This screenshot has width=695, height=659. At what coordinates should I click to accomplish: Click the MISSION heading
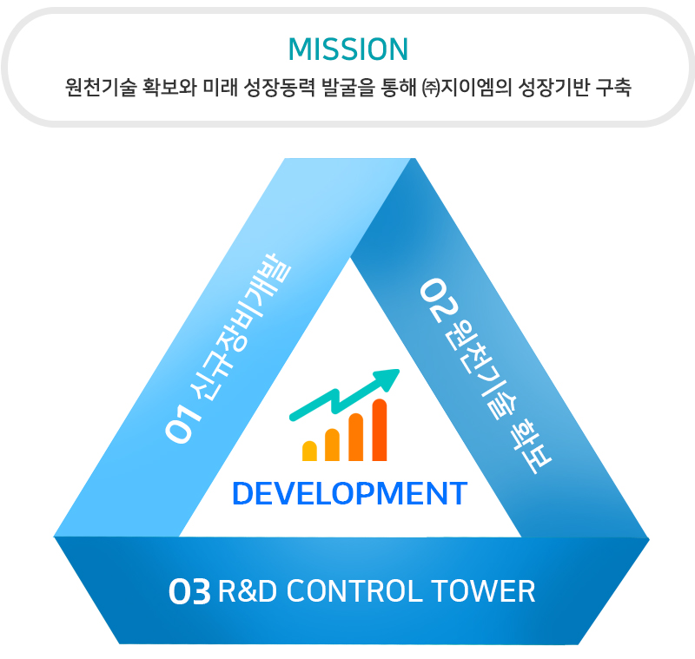point(348,49)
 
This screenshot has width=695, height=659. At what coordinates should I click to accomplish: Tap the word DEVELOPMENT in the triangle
point(350,493)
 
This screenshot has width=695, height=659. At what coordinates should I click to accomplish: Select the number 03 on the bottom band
point(189,591)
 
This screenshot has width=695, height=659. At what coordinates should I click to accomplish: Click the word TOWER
point(483,591)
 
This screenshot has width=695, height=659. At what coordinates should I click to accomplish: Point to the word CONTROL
point(355,591)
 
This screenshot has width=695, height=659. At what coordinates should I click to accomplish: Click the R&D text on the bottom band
point(248,591)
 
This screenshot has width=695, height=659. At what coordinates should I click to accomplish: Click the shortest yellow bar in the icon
point(309,451)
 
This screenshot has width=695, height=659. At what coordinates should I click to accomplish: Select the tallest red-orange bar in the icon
point(380,430)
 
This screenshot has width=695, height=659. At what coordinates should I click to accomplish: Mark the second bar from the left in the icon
point(333,445)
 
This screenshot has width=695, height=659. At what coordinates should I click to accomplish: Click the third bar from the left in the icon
point(356,437)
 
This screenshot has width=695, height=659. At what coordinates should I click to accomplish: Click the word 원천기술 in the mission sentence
point(101,87)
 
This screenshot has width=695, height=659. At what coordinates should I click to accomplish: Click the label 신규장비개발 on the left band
point(241,326)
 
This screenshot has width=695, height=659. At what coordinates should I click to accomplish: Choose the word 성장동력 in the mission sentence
point(280,87)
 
